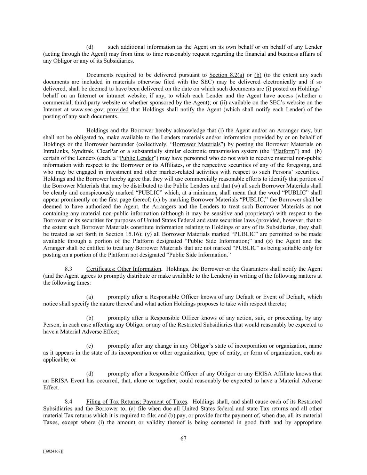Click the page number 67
point(183,438)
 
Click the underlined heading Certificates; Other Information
point(123,269)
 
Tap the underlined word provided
point(118,110)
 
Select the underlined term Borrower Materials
point(197,144)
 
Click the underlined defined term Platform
point(284,151)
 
